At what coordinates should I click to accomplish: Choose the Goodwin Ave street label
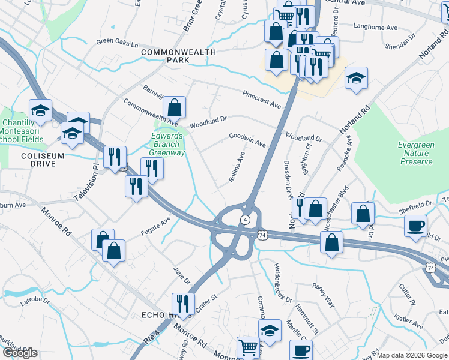(x=247, y=140)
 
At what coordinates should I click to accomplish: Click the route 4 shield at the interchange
(x=246, y=219)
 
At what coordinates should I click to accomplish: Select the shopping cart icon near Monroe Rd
(x=249, y=347)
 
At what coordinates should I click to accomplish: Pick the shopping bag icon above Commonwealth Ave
(x=173, y=108)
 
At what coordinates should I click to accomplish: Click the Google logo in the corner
(x=20, y=353)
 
